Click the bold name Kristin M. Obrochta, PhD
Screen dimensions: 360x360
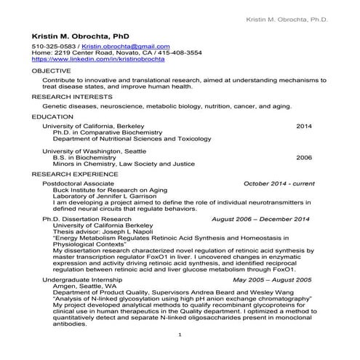pos(80,35)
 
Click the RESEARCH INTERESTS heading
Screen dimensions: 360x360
pos(72,95)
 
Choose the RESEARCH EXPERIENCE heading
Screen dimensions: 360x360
pos(74,176)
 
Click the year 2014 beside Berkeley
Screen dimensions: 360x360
pos(303,126)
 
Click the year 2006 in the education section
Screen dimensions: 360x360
pos(303,157)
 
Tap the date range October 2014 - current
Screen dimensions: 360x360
pos(279,185)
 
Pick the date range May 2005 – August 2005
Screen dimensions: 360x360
pos(271,279)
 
